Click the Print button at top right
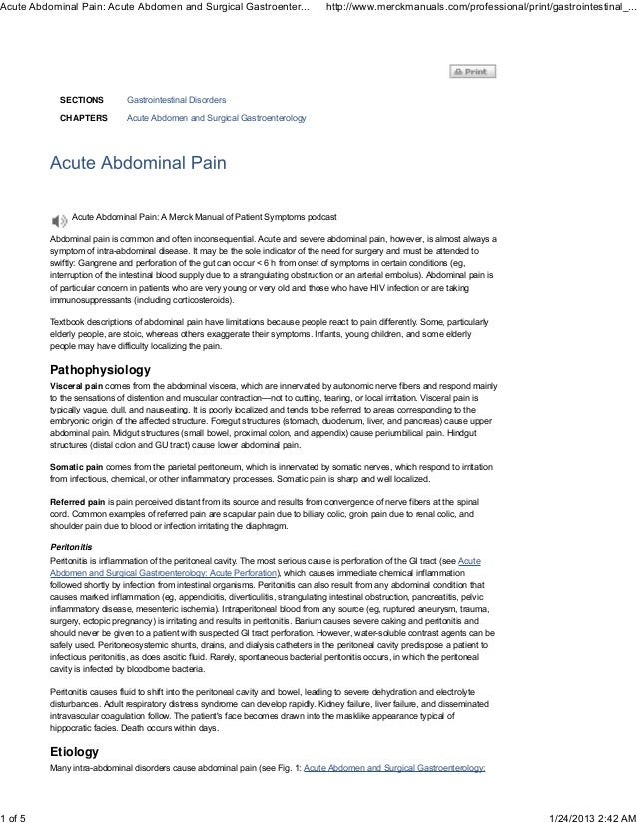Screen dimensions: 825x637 tap(472, 72)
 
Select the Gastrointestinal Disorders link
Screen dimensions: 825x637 tap(175, 102)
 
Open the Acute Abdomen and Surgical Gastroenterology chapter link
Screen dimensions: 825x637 tap(216, 119)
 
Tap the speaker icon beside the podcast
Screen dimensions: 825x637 tap(58, 218)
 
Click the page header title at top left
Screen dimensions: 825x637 tap(155, 9)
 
